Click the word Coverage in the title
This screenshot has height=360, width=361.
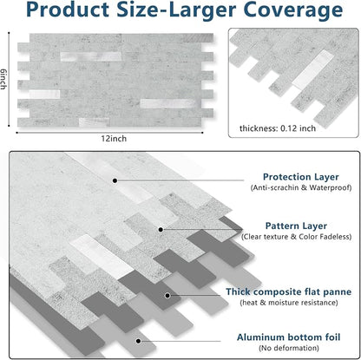(293, 10)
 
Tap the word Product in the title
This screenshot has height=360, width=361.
(67, 10)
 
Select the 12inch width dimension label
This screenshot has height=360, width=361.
(114, 139)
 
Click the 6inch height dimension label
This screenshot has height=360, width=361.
(3, 79)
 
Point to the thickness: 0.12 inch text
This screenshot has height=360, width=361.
(278, 128)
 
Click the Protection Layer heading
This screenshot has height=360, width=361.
(301, 177)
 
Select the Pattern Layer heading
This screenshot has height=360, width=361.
(296, 226)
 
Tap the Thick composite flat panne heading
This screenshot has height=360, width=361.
(289, 291)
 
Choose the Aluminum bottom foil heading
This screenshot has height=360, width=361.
(289, 337)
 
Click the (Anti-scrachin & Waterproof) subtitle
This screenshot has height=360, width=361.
(301, 187)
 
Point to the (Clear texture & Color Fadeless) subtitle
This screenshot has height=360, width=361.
(297, 237)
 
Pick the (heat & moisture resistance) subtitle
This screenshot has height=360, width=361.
(289, 303)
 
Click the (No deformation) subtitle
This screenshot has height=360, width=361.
(289, 348)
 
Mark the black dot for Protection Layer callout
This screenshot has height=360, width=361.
(115, 180)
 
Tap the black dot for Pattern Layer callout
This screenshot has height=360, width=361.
(161, 230)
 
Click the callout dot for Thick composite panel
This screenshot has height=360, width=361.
(167, 296)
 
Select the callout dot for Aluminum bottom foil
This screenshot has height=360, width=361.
(139, 341)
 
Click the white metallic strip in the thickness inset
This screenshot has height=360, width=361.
(312, 69)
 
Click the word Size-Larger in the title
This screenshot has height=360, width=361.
(176, 10)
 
